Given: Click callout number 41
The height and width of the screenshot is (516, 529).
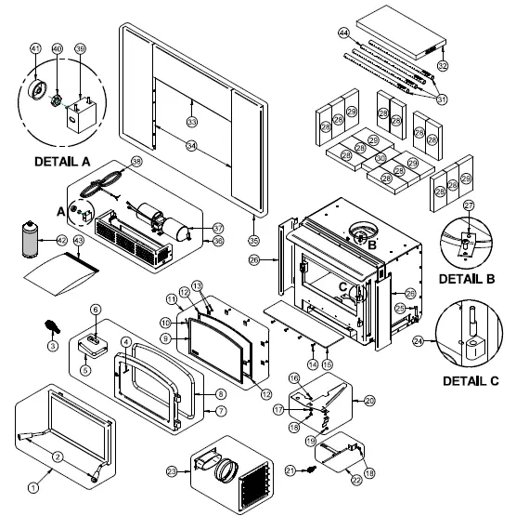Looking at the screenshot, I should [36, 48].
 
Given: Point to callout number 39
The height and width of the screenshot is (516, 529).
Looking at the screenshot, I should [80, 48].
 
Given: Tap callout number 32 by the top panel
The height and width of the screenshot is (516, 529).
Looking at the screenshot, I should [443, 65].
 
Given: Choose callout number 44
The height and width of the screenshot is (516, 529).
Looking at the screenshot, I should [343, 33].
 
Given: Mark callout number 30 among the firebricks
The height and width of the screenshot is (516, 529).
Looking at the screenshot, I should [380, 158].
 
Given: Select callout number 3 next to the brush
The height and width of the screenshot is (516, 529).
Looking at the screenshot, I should [53, 345].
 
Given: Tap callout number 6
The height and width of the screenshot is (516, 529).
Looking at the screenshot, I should [94, 309].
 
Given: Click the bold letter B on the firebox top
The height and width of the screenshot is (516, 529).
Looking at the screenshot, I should [371, 245].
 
